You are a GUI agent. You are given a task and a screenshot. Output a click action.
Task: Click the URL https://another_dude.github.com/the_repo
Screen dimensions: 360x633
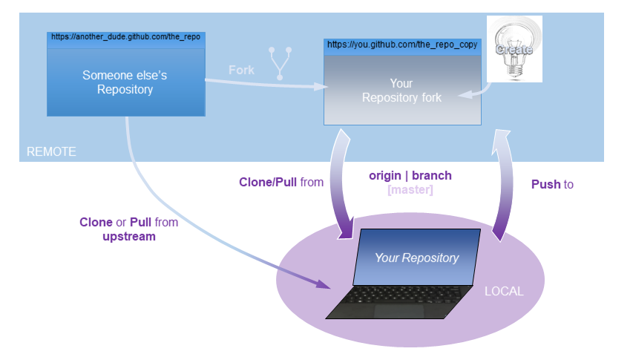125,36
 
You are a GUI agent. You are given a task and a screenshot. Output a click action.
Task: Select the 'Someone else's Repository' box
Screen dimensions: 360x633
125,82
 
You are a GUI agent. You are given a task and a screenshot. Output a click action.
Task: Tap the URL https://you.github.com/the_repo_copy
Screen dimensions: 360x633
402,45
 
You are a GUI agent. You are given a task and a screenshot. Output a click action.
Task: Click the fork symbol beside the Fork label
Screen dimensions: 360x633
281,63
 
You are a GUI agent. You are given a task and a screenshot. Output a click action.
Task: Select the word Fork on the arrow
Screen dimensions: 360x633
241,70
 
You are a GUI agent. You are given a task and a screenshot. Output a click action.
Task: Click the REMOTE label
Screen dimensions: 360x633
51,151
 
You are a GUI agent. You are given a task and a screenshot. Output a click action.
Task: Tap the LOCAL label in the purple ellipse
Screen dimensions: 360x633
504,291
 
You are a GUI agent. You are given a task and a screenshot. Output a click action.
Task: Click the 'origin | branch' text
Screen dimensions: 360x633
410,177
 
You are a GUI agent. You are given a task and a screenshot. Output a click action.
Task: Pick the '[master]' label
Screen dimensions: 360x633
410,190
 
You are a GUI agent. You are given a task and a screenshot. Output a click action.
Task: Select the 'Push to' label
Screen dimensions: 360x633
552,184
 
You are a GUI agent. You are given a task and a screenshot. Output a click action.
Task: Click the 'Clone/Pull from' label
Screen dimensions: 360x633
281,181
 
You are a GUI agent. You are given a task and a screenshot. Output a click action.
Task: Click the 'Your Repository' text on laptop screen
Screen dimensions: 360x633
416,258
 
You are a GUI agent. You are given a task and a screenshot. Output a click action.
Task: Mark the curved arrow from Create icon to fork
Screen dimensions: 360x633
476,91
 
